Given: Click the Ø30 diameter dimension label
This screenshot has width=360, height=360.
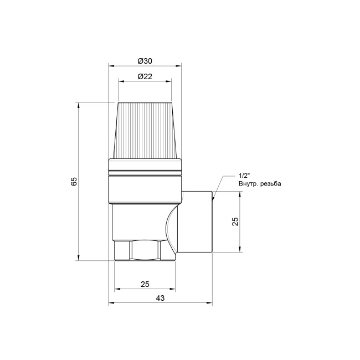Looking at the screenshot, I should [x=145, y=60].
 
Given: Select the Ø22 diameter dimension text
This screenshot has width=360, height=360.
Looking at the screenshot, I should [x=145, y=76].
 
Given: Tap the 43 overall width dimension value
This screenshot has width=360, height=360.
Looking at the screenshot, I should [x=160, y=298].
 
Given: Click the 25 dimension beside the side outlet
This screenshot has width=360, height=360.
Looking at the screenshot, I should [x=235, y=222].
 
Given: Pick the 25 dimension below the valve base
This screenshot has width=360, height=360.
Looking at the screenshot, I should [x=145, y=284].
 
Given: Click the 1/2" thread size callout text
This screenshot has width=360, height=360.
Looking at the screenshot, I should [x=245, y=174].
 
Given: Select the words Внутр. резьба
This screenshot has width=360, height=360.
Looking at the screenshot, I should [x=260, y=183].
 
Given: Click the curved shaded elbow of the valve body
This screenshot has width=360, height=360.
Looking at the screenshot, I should [x=172, y=227].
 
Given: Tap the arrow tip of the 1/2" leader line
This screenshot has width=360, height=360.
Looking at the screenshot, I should [x=214, y=198].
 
